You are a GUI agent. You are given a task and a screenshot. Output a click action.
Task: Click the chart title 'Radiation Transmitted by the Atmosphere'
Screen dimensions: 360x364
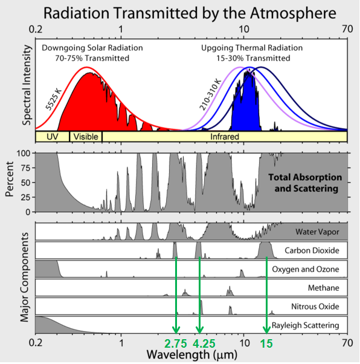pos(190,13)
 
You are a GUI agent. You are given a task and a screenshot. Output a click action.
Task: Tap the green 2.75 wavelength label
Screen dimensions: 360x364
pos(176,343)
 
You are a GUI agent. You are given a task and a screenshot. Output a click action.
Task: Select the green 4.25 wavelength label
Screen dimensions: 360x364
pos(204,343)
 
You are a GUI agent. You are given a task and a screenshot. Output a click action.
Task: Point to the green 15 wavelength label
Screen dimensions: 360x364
pos(266,343)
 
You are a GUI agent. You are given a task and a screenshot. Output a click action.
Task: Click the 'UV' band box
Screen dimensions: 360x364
pos(53,137)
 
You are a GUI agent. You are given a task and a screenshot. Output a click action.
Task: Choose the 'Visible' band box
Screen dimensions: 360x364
pos(86,137)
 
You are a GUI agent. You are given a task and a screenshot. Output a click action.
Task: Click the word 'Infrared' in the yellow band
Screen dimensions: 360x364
pos(225,137)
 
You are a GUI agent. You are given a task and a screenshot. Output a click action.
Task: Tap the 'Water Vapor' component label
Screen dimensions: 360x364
pos(317,232)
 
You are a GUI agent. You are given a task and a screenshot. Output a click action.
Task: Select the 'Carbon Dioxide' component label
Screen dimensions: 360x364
pos(312,250)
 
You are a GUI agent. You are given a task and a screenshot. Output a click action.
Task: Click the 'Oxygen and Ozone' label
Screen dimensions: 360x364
pos(306,269)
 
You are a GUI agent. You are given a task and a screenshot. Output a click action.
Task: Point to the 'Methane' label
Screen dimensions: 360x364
pos(323,288)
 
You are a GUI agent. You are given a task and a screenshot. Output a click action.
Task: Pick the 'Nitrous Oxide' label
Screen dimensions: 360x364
pos(315,307)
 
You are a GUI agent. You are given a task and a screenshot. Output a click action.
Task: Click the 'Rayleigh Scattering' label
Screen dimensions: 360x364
pos(305,325)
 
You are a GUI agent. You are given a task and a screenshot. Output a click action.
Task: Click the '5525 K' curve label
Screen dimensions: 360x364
pos(53,99)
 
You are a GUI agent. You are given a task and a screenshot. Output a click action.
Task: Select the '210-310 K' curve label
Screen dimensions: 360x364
pos(210,95)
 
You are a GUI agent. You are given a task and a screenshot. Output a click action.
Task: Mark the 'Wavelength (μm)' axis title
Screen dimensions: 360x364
pos(192,355)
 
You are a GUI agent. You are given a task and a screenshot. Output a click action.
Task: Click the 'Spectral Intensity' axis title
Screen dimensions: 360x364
pos(27,85)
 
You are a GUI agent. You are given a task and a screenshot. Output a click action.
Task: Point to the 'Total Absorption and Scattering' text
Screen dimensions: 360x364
pos(305,183)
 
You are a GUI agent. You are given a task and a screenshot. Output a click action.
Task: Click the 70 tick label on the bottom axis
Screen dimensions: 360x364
pos(347,343)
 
